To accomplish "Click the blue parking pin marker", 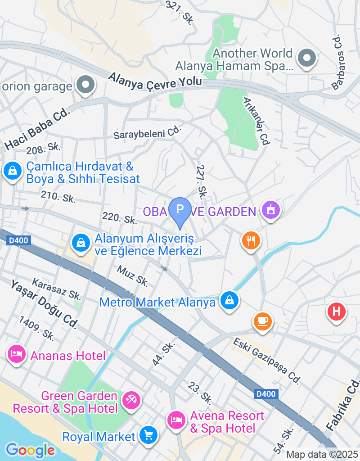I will pyautogui.click(x=180, y=210).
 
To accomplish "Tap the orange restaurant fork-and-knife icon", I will pyautogui.click(x=251, y=240).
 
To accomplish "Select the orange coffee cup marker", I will pyautogui.click(x=263, y=321).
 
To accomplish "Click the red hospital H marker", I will pyautogui.click(x=336, y=311).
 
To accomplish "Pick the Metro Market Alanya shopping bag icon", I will pyautogui.click(x=229, y=300).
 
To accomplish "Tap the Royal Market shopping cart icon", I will pyautogui.click(x=148, y=435).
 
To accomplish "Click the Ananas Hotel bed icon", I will pyautogui.click(x=16, y=354).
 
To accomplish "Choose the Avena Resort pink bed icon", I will pyautogui.click(x=177, y=420).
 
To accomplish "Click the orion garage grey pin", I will pyautogui.click(x=85, y=85).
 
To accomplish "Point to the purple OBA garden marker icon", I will pyautogui.click(x=271, y=210).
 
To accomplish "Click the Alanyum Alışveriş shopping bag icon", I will pyautogui.click(x=81, y=243).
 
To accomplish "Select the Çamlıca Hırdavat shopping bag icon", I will pyautogui.click(x=13, y=171).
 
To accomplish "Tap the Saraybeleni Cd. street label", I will pyautogui.click(x=147, y=133).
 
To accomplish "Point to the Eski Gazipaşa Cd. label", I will pyautogui.click(x=266, y=361).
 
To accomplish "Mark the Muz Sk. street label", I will pyautogui.click(x=132, y=276).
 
